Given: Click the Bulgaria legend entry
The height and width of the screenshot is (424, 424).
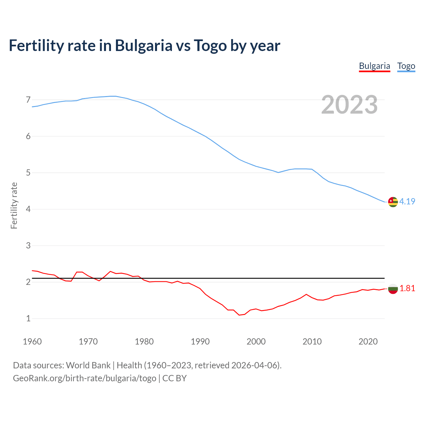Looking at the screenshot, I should (374, 66).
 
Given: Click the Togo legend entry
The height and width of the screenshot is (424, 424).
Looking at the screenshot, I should (406, 66).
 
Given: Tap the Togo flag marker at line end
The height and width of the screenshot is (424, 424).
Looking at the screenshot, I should (393, 202).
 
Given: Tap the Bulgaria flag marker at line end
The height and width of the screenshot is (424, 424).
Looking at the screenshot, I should (393, 289).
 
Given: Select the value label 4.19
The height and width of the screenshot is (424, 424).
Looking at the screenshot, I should (407, 201).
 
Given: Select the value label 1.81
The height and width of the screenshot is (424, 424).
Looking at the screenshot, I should (407, 289).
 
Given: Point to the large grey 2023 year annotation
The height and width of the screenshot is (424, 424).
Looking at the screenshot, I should (349, 105).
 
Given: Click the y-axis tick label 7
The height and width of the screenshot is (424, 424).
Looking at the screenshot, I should (28, 100).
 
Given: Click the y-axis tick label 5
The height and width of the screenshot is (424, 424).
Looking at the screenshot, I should (28, 173).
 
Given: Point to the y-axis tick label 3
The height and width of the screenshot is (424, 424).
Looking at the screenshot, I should (28, 245).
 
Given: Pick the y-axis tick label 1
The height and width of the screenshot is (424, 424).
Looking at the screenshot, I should (28, 318).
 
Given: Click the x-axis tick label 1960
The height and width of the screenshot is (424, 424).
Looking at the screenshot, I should (32, 342).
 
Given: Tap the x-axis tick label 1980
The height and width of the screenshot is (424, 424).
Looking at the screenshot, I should (144, 342).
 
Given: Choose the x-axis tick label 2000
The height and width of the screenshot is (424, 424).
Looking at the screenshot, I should (256, 342).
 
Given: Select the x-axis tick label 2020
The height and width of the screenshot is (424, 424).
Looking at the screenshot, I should (368, 342).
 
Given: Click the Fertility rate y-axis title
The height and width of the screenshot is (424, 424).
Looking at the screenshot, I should (14, 205).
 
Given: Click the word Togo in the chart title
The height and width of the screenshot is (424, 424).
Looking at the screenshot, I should (210, 46).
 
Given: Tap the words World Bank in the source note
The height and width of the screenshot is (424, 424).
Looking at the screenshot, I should (88, 365).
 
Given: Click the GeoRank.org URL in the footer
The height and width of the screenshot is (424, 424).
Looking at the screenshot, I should (84, 378).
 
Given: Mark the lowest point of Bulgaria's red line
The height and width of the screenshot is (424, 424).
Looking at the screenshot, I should (239, 315).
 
